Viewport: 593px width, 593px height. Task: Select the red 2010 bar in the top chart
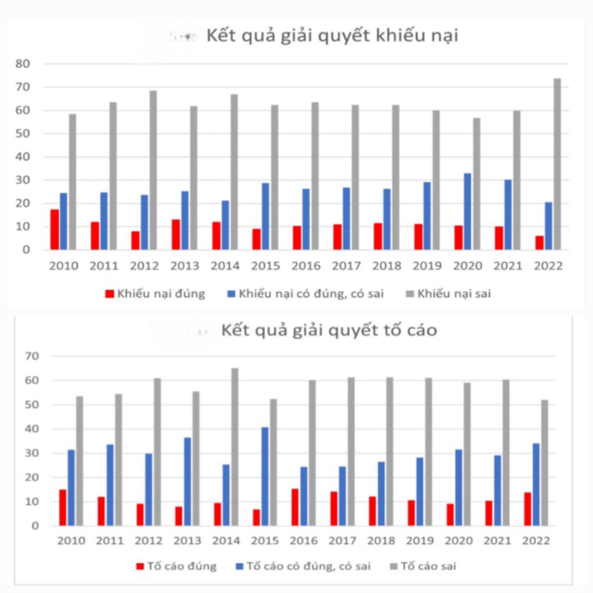pyautogui.click(x=55, y=229)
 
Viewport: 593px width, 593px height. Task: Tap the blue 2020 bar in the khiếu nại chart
pyautogui.click(x=468, y=211)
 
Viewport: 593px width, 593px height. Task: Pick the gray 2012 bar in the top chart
pyautogui.click(x=153, y=170)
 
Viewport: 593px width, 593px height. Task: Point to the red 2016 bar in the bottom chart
pyautogui.click(x=295, y=507)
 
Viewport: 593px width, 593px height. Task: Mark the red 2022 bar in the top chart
pyautogui.click(x=540, y=243)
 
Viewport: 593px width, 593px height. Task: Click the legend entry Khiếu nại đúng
pyautogui.click(x=156, y=294)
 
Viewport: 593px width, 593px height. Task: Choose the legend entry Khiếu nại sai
pyautogui.click(x=449, y=294)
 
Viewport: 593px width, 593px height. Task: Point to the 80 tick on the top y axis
pyautogui.click(x=23, y=64)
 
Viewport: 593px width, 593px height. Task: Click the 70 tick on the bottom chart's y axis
pyautogui.click(x=32, y=356)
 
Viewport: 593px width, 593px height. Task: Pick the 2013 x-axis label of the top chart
pyautogui.click(x=185, y=266)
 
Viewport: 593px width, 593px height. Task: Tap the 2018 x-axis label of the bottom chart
pyautogui.click(x=381, y=541)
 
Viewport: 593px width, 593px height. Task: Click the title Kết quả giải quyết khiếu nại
pyautogui.click(x=332, y=36)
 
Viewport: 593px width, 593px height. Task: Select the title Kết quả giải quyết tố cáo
pyautogui.click(x=329, y=330)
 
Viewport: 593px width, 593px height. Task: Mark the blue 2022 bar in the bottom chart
pyautogui.click(x=536, y=484)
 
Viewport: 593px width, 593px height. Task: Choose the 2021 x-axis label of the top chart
pyautogui.click(x=508, y=266)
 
